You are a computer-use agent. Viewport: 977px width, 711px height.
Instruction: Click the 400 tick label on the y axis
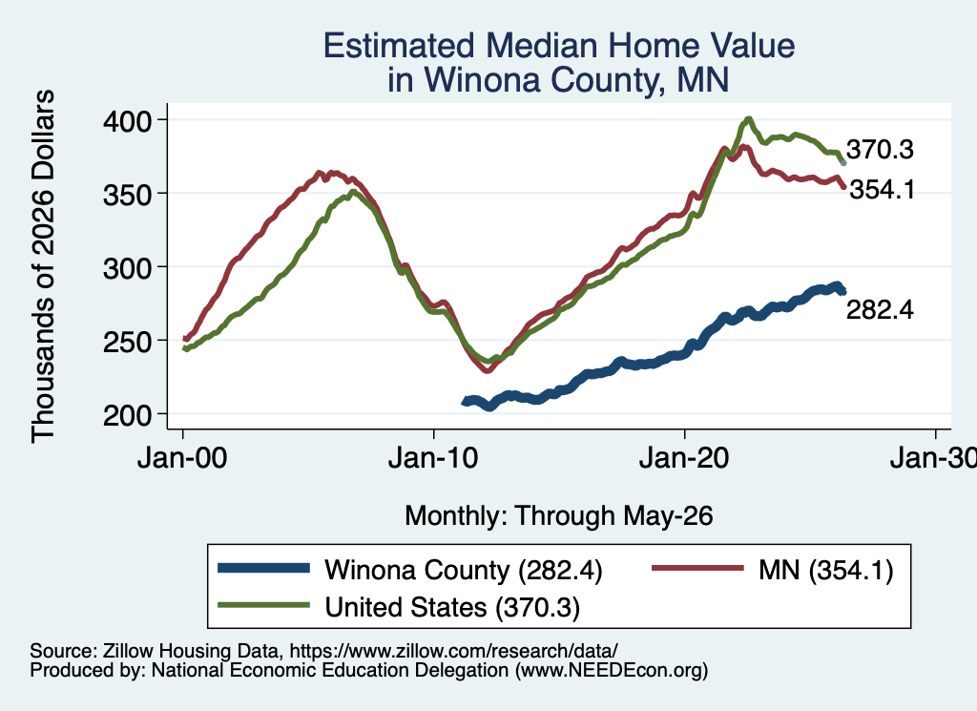click(x=128, y=120)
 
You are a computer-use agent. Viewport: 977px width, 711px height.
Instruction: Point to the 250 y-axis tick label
click(x=128, y=342)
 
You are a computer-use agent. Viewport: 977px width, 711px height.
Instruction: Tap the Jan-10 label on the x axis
click(x=433, y=459)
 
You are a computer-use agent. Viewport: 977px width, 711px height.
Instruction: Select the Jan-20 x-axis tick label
click(x=684, y=459)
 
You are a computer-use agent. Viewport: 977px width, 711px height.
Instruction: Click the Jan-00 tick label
click(x=182, y=459)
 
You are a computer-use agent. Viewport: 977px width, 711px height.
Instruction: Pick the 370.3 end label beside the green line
click(x=880, y=150)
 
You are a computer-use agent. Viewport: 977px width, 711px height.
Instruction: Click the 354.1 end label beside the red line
click(x=883, y=189)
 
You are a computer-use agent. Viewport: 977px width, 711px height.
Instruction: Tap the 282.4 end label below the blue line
click(x=880, y=310)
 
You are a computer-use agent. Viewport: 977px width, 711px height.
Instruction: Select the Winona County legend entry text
click(x=464, y=570)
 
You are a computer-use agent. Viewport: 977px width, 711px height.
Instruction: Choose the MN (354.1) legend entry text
click(x=825, y=570)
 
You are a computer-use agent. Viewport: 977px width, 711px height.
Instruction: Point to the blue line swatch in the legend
click(x=263, y=568)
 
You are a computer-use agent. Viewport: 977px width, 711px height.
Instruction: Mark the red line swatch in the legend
click(x=697, y=568)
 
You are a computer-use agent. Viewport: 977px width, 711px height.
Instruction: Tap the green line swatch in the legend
click(x=263, y=604)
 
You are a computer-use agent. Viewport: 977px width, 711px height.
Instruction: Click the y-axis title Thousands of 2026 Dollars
click(x=43, y=266)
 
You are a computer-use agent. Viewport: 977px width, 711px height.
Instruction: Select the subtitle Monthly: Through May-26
click(x=559, y=516)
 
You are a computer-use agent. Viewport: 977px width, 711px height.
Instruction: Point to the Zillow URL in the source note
click(x=453, y=651)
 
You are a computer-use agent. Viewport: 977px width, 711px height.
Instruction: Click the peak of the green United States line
click(x=748, y=118)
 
